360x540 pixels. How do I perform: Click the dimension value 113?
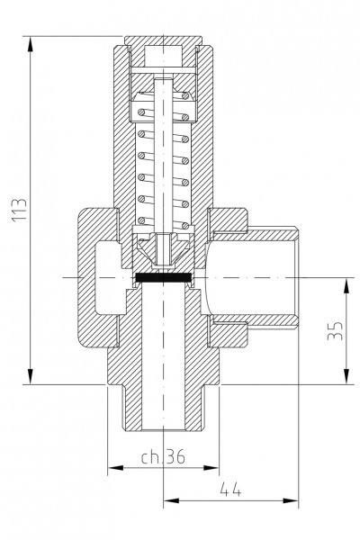[x=19, y=210]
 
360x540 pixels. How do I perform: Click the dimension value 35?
[x=335, y=330]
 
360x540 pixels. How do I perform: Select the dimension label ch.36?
[x=163, y=456]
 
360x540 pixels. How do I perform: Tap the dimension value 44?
[x=230, y=489]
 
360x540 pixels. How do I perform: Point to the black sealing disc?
[x=163, y=277]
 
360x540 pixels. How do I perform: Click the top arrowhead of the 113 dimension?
[x=31, y=44]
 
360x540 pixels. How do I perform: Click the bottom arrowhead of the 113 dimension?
[x=31, y=375]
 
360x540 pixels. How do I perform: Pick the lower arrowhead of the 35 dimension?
[x=346, y=375]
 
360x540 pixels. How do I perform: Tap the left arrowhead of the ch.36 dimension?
[x=116, y=468]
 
